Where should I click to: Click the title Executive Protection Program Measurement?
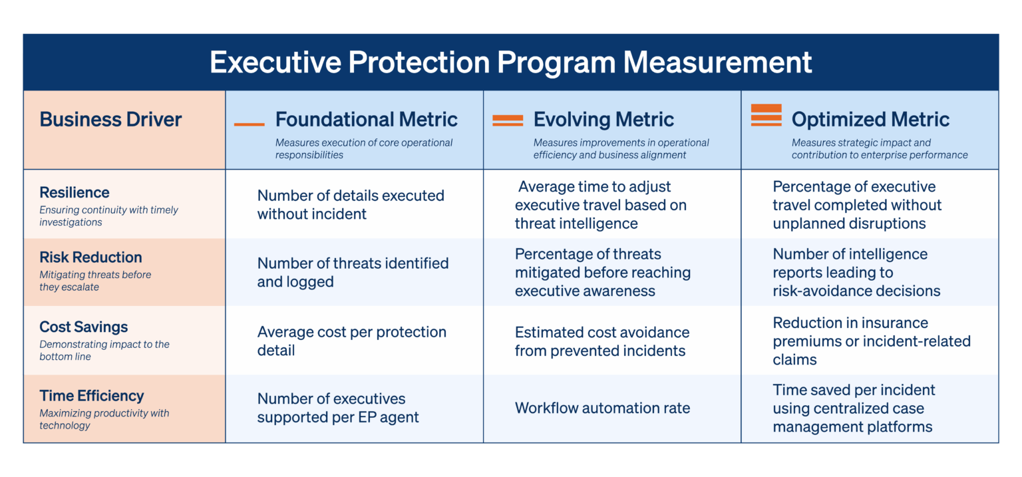tap(510, 63)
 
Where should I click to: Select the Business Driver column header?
tap(110, 120)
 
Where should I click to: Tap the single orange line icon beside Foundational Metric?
tap(249, 124)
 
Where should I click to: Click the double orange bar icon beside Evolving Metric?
tap(507, 120)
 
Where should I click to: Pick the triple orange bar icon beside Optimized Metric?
tap(766, 115)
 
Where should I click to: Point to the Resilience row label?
tap(75, 193)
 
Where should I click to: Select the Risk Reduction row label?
tap(90, 257)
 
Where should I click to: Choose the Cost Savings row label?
tap(84, 327)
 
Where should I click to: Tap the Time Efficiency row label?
tap(92, 396)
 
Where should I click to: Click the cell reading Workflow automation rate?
tap(602, 408)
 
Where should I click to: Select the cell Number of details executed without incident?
tap(351, 205)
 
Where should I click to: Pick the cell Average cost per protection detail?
tap(351, 341)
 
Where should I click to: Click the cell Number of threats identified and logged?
tap(353, 273)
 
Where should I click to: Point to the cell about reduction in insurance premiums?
tap(871, 341)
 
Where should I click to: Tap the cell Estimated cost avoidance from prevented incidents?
tap(601, 341)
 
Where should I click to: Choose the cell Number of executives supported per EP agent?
tap(338, 408)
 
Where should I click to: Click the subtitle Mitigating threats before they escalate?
tap(95, 281)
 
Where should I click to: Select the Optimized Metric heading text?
tap(870, 120)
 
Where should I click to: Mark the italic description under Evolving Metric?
tap(621, 148)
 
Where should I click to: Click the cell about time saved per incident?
tap(854, 408)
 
